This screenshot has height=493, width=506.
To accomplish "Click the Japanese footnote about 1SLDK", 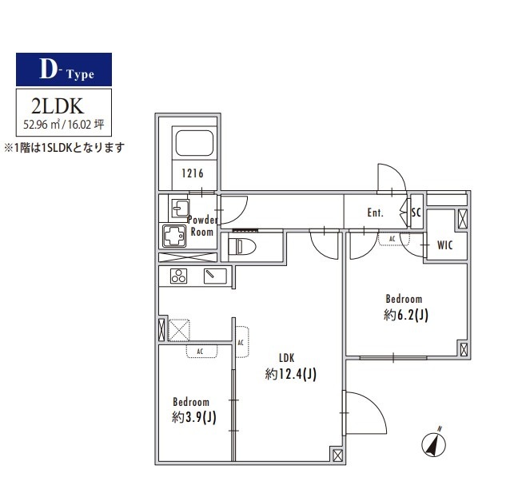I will pos(65,148).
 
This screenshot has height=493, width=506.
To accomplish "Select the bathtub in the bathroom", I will pos(193,144).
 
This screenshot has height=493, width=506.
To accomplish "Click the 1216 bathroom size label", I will pos(192,174).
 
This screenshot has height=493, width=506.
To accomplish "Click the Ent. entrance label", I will pos(375,213).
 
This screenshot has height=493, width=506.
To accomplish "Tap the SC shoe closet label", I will pos(415,213).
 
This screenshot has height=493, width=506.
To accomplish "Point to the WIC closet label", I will pos(444,245).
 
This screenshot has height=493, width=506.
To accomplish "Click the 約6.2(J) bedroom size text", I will pos(405,315).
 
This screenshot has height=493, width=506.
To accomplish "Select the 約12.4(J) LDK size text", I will pos(290,373).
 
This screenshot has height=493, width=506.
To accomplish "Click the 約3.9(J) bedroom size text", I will pos(193,416).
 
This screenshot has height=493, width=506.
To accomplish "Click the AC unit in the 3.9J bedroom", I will pos(201,352).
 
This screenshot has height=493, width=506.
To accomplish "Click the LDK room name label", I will pos(287,357).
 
